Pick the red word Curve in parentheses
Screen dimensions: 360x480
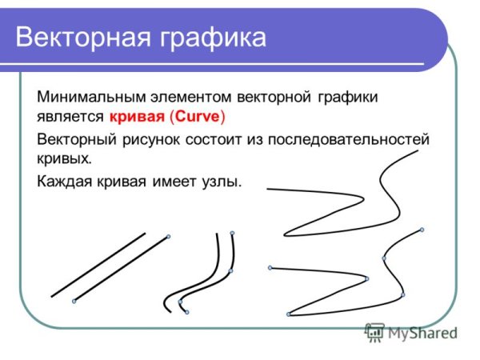pyautogui.click(x=198, y=117)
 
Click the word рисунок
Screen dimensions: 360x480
pyautogui.click(x=150, y=140)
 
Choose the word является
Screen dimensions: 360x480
pyautogui.click(x=70, y=117)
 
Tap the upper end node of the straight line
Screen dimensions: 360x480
pyautogui.click(x=168, y=236)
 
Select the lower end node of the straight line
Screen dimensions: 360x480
pyautogui.click(x=74, y=301)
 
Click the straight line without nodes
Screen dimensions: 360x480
pyautogui.click(x=98, y=265)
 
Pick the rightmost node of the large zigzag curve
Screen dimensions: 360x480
pyautogui.click(x=422, y=230)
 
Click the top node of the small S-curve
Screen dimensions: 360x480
pyautogui.click(x=232, y=234)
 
